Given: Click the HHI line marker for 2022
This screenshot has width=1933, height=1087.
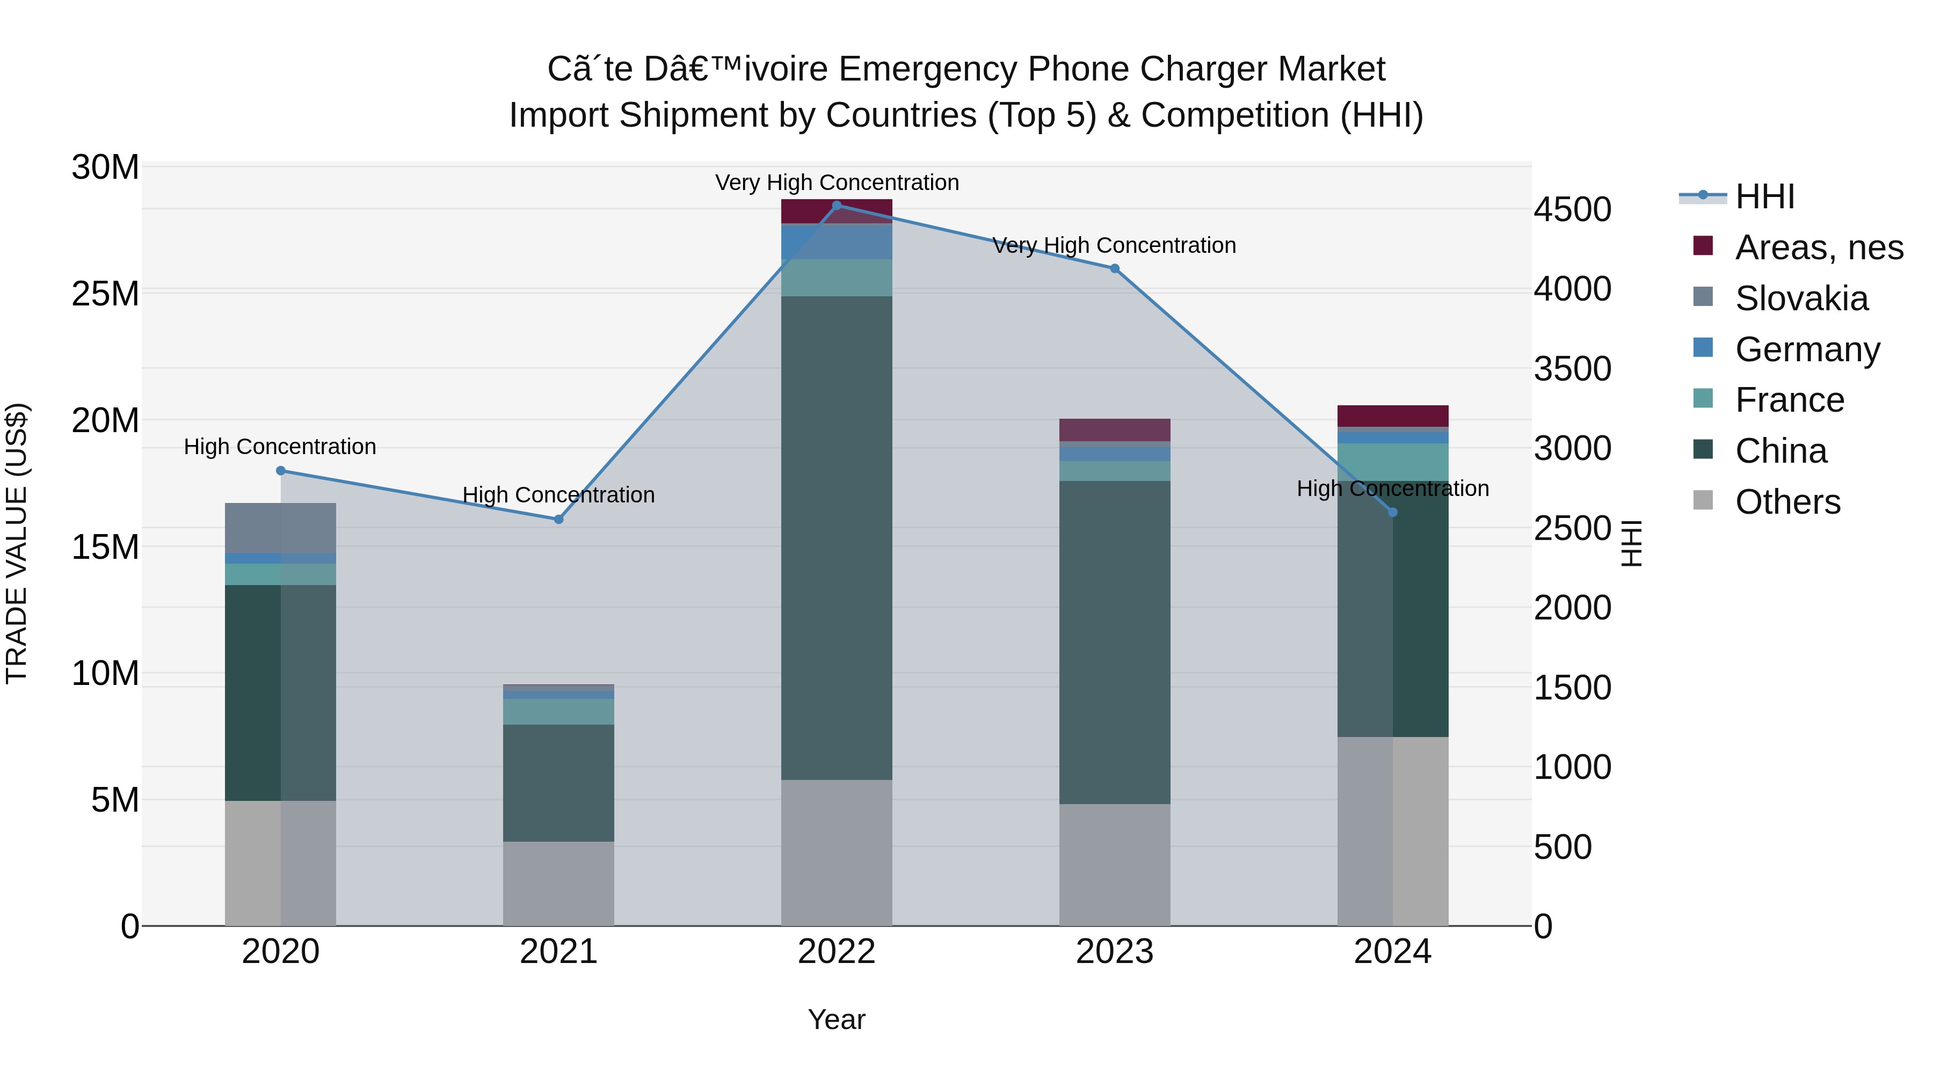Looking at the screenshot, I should coord(837,205).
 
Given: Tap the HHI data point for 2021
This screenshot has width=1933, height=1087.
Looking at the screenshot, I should coord(558,519).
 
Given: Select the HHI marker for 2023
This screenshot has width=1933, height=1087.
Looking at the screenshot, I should coord(1114,268).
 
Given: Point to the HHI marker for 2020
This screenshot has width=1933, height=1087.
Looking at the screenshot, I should coord(281,470).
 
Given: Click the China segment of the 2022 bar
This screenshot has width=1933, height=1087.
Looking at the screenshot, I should coord(837,537).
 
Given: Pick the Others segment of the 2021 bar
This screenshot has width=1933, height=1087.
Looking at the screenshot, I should coord(558,883).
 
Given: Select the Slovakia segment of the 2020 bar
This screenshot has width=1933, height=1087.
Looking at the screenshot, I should coord(281,528).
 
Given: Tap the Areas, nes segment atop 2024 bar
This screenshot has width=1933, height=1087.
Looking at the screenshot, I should coord(1393,415).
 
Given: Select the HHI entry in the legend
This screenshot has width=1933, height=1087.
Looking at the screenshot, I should coord(1764,196).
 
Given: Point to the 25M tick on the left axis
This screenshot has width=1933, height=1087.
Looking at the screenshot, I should coord(105,293).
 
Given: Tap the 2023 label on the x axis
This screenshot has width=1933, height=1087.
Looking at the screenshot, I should coord(1114,952).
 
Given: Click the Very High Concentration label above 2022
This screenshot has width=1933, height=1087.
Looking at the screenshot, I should coord(837,183).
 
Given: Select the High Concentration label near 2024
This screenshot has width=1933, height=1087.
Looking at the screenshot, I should coord(1393,488).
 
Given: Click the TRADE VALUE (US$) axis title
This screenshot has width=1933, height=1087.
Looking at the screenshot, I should coord(17,543).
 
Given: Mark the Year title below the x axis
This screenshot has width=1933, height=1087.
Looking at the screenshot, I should coord(837,1019).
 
